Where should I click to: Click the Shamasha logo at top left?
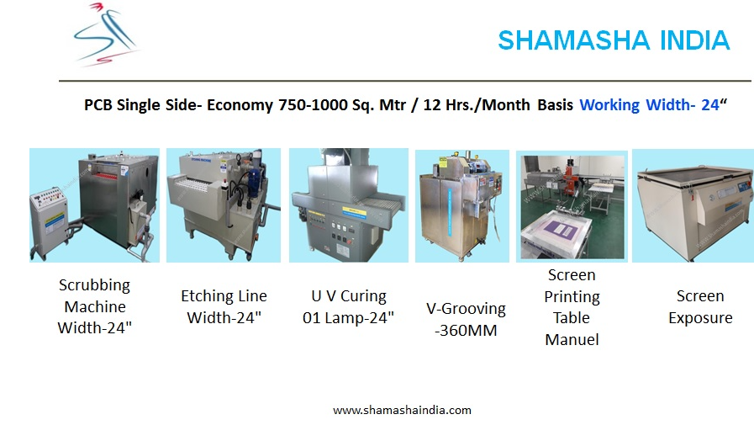click(x=108, y=34)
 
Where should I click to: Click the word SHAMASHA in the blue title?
click(x=573, y=40)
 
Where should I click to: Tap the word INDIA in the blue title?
click(x=695, y=40)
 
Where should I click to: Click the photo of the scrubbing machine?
click(x=95, y=205)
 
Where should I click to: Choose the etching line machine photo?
click(x=224, y=205)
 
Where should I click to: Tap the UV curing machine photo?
click(x=349, y=205)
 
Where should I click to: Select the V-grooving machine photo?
click(x=462, y=206)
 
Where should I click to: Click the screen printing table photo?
click(x=572, y=206)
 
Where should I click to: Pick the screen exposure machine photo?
click(x=693, y=205)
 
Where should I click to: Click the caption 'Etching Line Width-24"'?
click(x=224, y=306)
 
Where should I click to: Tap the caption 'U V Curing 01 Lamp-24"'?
click(x=348, y=306)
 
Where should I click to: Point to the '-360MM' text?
click(x=466, y=331)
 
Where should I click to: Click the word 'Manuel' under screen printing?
click(x=572, y=340)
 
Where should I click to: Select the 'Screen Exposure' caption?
click(x=700, y=306)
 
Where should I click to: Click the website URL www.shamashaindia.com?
click(x=402, y=411)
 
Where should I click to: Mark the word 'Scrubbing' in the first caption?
click(x=94, y=285)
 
